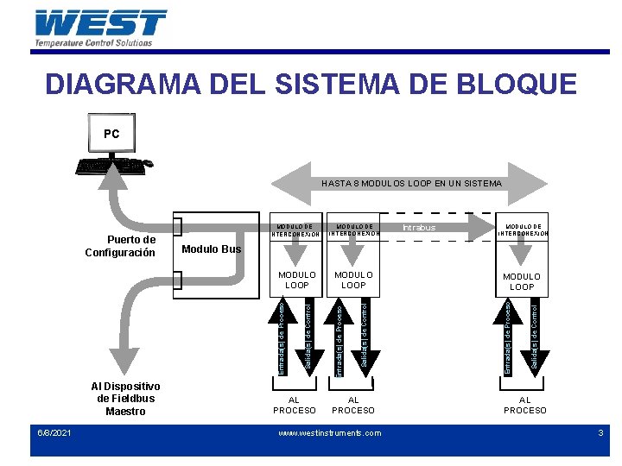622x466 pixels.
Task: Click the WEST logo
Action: (x=101, y=22)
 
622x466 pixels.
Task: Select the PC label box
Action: (x=111, y=134)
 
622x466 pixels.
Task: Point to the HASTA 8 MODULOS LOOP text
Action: (x=411, y=183)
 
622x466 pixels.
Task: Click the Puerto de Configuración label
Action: (x=120, y=246)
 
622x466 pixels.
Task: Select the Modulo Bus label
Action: (x=213, y=249)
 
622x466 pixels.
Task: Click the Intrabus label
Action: (x=420, y=228)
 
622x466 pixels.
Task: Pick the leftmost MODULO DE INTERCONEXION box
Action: (x=296, y=229)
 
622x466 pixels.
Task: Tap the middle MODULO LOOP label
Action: (x=353, y=280)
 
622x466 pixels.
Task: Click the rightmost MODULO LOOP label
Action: (x=522, y=281)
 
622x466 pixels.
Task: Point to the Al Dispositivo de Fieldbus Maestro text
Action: (x=125, y=398)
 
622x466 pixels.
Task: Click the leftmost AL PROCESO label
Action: (x=295, y=405)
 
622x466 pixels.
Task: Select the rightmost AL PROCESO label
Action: (x=524, y=405)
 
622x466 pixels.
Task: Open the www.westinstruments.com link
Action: (x=329, y=433)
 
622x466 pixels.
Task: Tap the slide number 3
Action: (x=600, y=432)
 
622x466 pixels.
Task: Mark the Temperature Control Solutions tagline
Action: (x=93, y=42)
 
